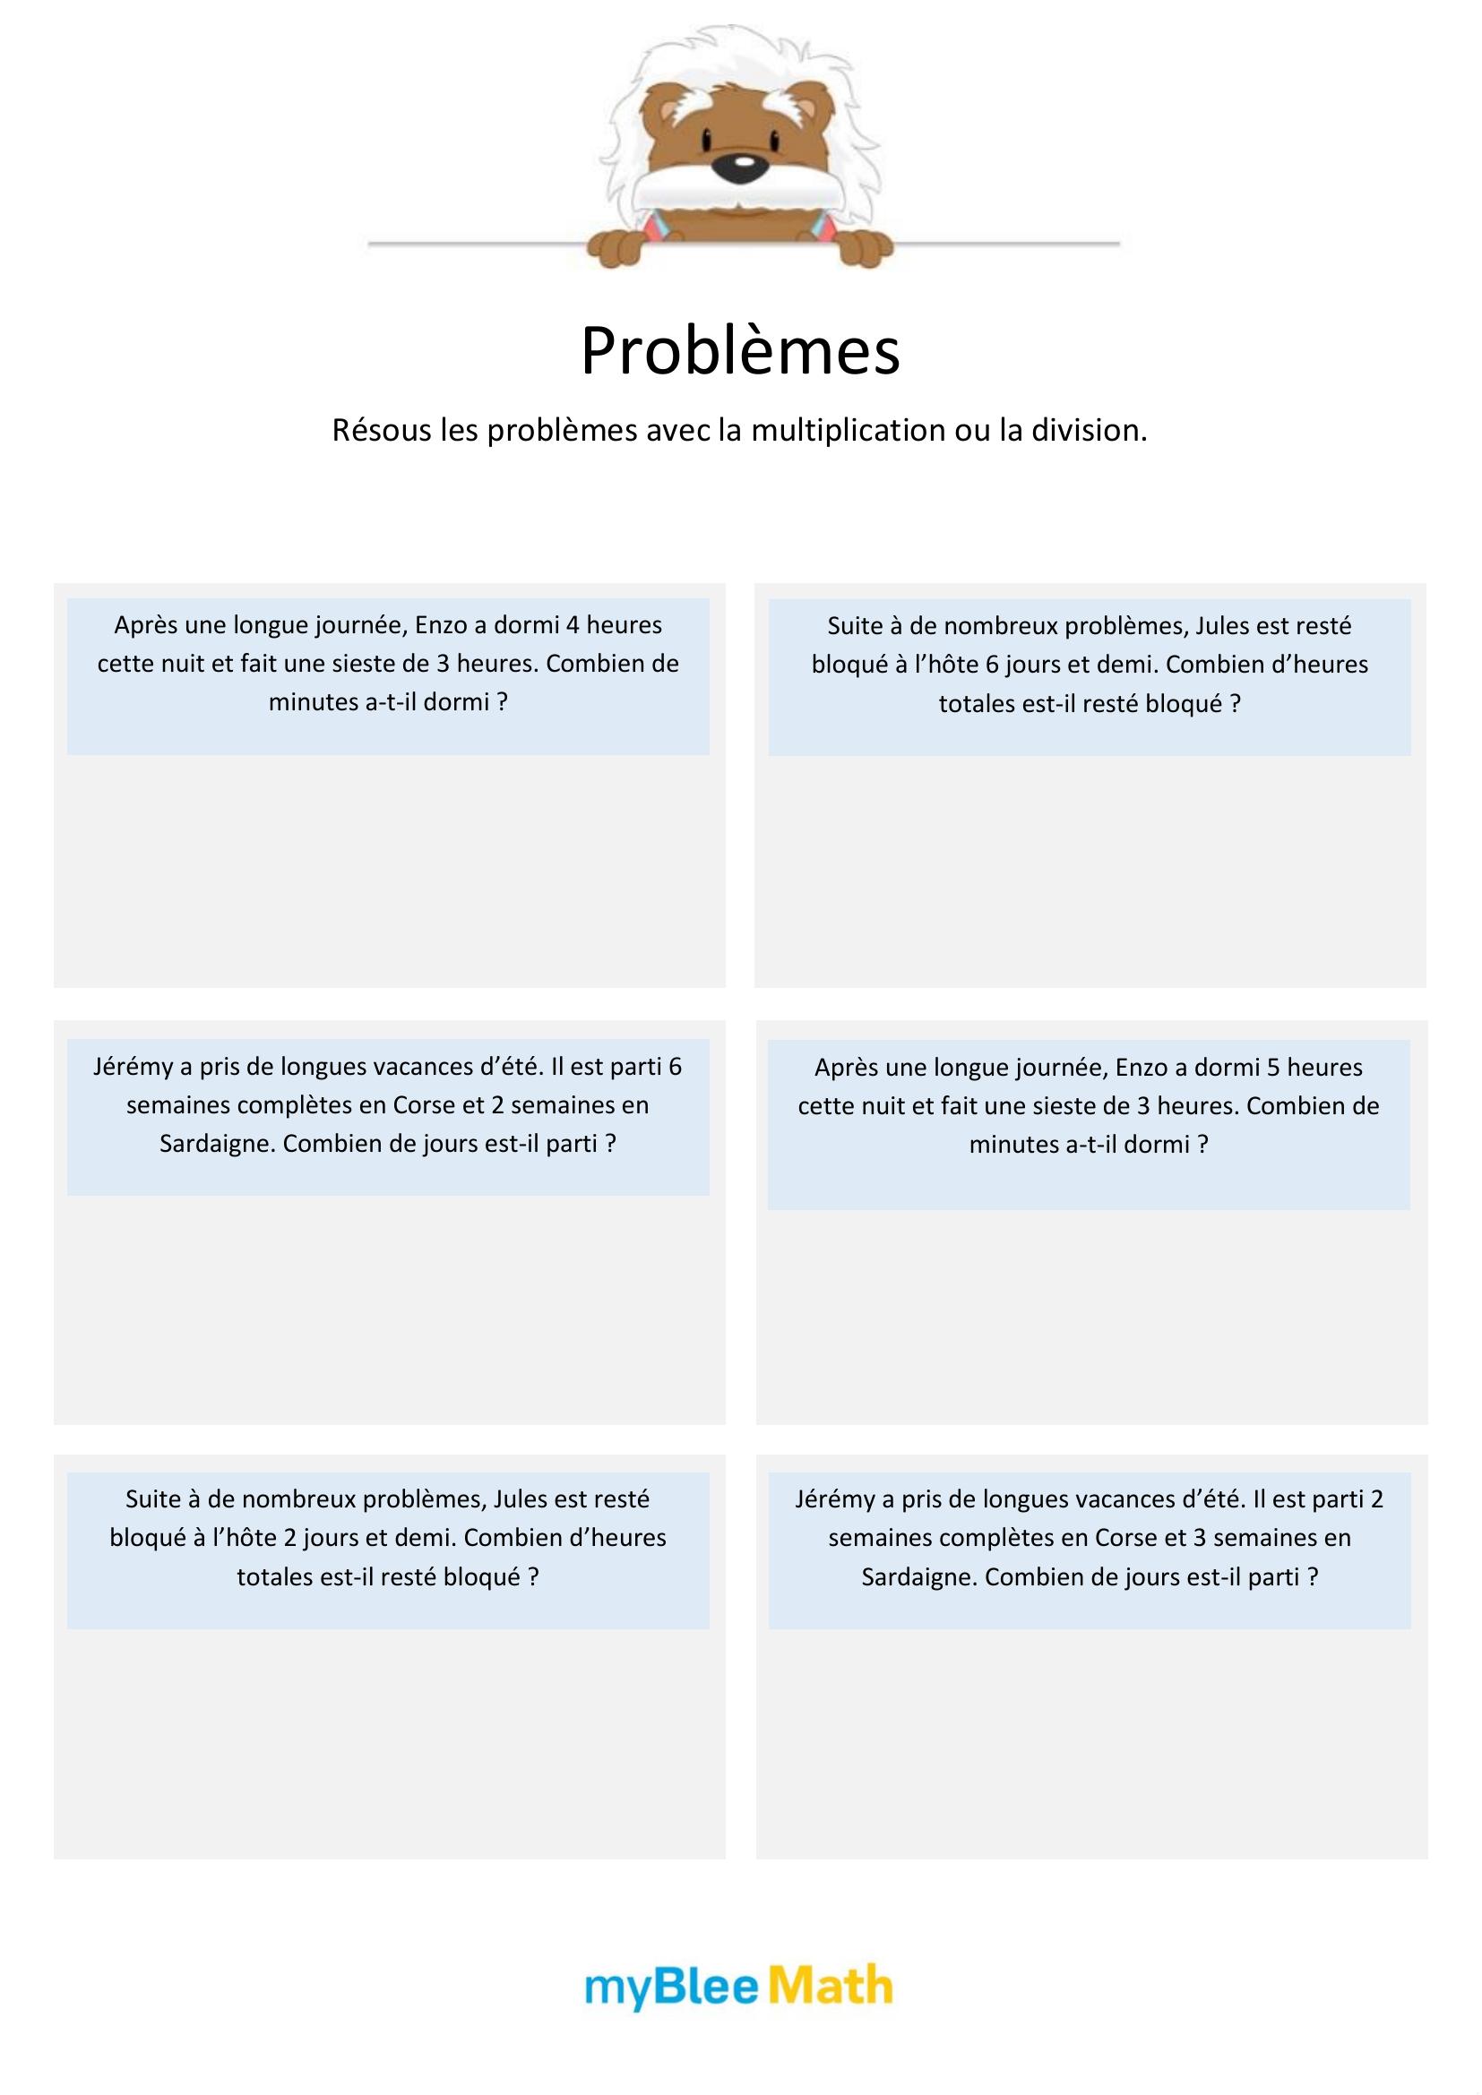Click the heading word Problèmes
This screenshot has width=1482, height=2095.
(740, 351)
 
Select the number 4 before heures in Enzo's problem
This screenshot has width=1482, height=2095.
(573, 625)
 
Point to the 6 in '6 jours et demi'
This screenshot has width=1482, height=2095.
(992, 665)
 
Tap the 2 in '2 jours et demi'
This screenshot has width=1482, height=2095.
(290, 1538)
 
